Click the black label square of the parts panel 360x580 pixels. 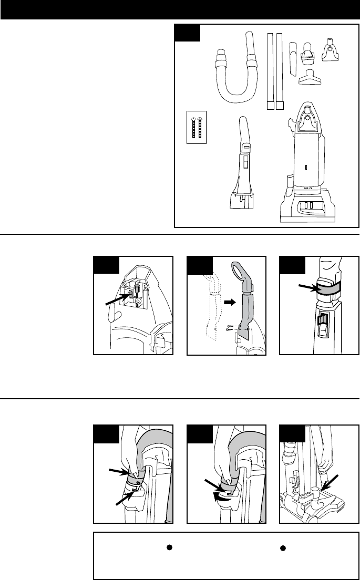coord(188,33)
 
